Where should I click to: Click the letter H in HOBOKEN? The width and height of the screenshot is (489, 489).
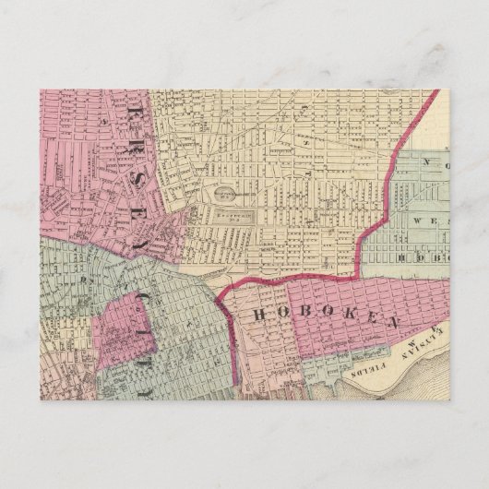pos(260,314)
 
